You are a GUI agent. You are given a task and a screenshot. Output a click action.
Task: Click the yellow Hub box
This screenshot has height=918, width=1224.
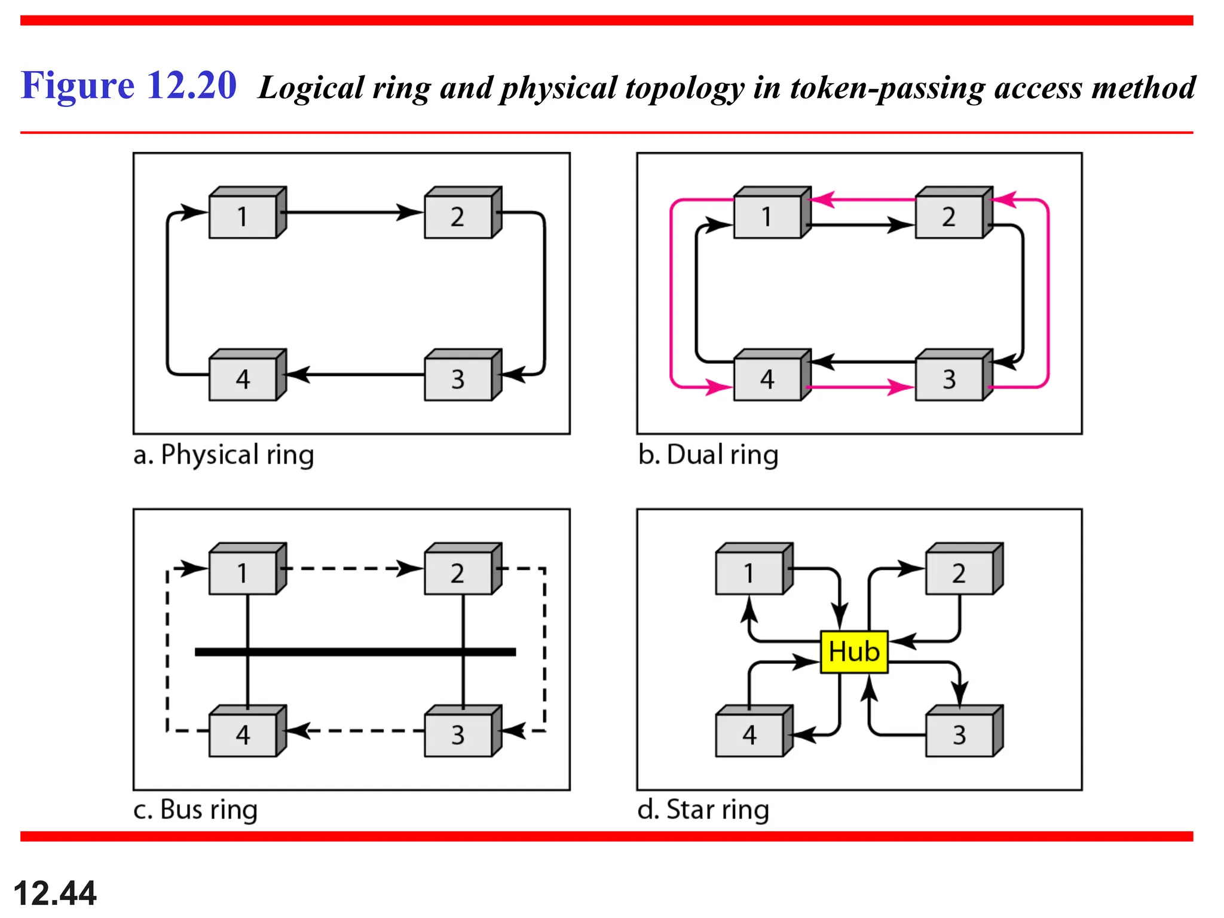coord(854,651)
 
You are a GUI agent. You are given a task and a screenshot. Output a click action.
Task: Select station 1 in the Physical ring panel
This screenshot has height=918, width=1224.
coord(243,216)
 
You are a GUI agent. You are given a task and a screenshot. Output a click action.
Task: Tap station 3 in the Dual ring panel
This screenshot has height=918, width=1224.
coord(950,379)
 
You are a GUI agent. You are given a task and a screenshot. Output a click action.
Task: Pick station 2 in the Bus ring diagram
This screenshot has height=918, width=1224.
coord(458,573)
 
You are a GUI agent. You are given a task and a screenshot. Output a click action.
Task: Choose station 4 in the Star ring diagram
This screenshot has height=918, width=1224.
coord(750,735)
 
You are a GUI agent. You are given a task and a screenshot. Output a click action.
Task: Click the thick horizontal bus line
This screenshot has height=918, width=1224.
coord(355,651)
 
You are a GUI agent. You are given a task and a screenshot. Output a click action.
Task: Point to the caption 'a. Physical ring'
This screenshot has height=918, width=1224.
coord(224,455)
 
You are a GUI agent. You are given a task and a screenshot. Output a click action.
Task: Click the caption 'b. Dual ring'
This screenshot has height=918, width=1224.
coord(708,455)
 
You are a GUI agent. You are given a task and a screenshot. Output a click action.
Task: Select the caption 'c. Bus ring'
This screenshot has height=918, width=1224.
coord(195,810)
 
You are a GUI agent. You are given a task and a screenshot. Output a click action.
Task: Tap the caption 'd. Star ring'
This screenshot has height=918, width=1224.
coord(703,810)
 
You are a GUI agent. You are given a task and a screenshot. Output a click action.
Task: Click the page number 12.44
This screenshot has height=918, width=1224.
coord(54,893)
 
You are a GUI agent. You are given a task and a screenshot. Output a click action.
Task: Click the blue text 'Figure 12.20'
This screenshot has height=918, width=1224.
coord(129,85)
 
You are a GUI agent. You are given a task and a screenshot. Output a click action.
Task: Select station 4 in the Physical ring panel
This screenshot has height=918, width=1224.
coord(243,379)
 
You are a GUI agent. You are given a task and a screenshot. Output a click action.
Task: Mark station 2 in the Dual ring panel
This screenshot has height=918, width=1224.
coord(950,216)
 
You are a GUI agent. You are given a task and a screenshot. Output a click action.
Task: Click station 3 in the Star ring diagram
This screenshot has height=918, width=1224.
coord(960,735)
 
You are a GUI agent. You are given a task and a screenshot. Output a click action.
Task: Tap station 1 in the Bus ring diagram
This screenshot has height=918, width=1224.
coord(243,573)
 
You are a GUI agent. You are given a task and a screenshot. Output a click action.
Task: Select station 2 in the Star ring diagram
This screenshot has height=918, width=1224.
coord(960,573)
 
